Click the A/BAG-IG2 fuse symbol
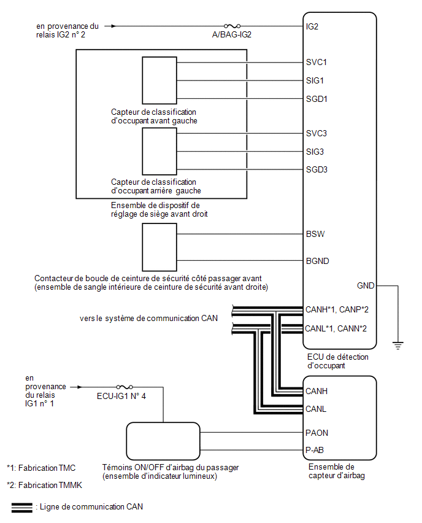click(x=232, y=26)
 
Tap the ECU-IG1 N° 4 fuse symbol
click(x=125, y=387)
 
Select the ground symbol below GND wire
click(x=398, y=346)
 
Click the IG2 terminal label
click(x=312, y=26)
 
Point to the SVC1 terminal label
click(x=316, y=63)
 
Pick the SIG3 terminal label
click(x=315, y=152)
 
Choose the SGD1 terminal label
click(x=316, y=99)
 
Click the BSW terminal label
click(x=315, y=234)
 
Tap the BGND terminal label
click(x=317, y=261)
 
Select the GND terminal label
click(x=366, y=286)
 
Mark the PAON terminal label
click(x=316, y=433)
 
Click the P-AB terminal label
click(x=314, y=451)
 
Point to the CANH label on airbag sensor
click(x=316, y=391)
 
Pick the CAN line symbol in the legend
click(x=22, y=508)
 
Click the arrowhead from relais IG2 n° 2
click(x=113, y=26)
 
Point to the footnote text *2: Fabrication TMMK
click(x=44, y=486)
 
